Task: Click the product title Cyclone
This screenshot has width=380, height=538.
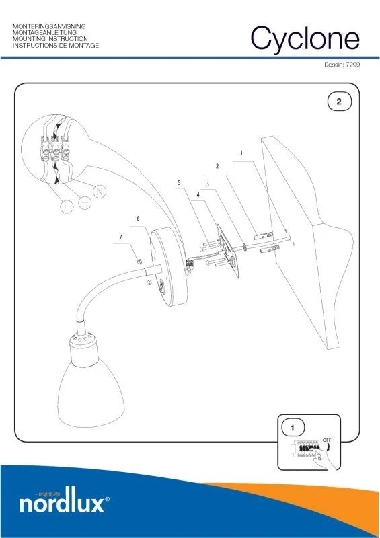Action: (305, 38)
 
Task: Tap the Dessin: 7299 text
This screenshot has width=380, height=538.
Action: (342, 65)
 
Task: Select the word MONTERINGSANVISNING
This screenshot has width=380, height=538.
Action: (49, 26)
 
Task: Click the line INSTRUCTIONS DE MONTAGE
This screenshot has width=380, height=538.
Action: (56, 45)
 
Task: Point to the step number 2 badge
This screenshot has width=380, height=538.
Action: (339, 102)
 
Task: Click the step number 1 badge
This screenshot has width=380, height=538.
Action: (293, 428)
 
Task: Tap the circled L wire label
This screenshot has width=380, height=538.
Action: (67, 206)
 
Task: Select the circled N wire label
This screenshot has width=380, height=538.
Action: (100, 191)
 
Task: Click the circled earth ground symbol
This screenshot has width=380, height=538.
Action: (85, 203)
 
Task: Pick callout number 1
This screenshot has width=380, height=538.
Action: (241, 153)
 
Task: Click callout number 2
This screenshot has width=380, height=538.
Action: (217, 166)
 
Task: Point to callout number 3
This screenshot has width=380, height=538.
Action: (207, 184)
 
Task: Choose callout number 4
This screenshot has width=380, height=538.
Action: (198, 195)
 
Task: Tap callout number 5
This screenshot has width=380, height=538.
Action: (179, 183)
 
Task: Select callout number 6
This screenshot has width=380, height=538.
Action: (138, 219)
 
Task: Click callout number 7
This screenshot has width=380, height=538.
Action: (120, 237)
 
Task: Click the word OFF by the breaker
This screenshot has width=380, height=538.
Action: (327, 440)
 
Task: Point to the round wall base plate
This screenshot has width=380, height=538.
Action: (169, 268)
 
